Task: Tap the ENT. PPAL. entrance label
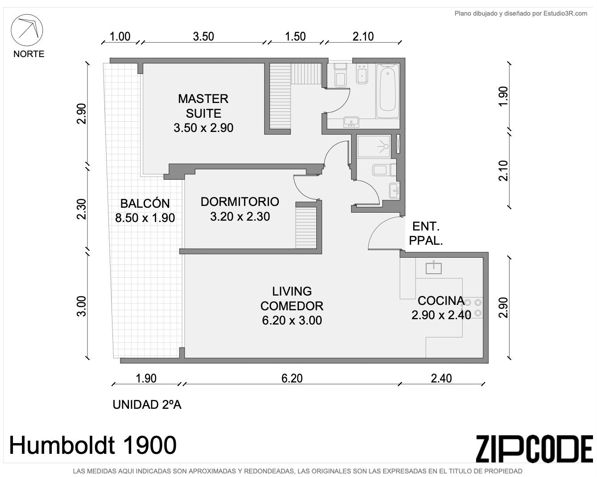426,233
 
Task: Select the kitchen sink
434,268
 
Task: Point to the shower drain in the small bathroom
385,146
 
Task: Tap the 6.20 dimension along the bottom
292,378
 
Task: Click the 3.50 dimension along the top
203,37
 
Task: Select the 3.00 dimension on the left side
82,306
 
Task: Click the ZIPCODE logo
534,449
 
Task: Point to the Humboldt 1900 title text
93,445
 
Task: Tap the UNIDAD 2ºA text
147,405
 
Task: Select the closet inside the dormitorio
306,227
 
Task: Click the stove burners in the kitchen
473,308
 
